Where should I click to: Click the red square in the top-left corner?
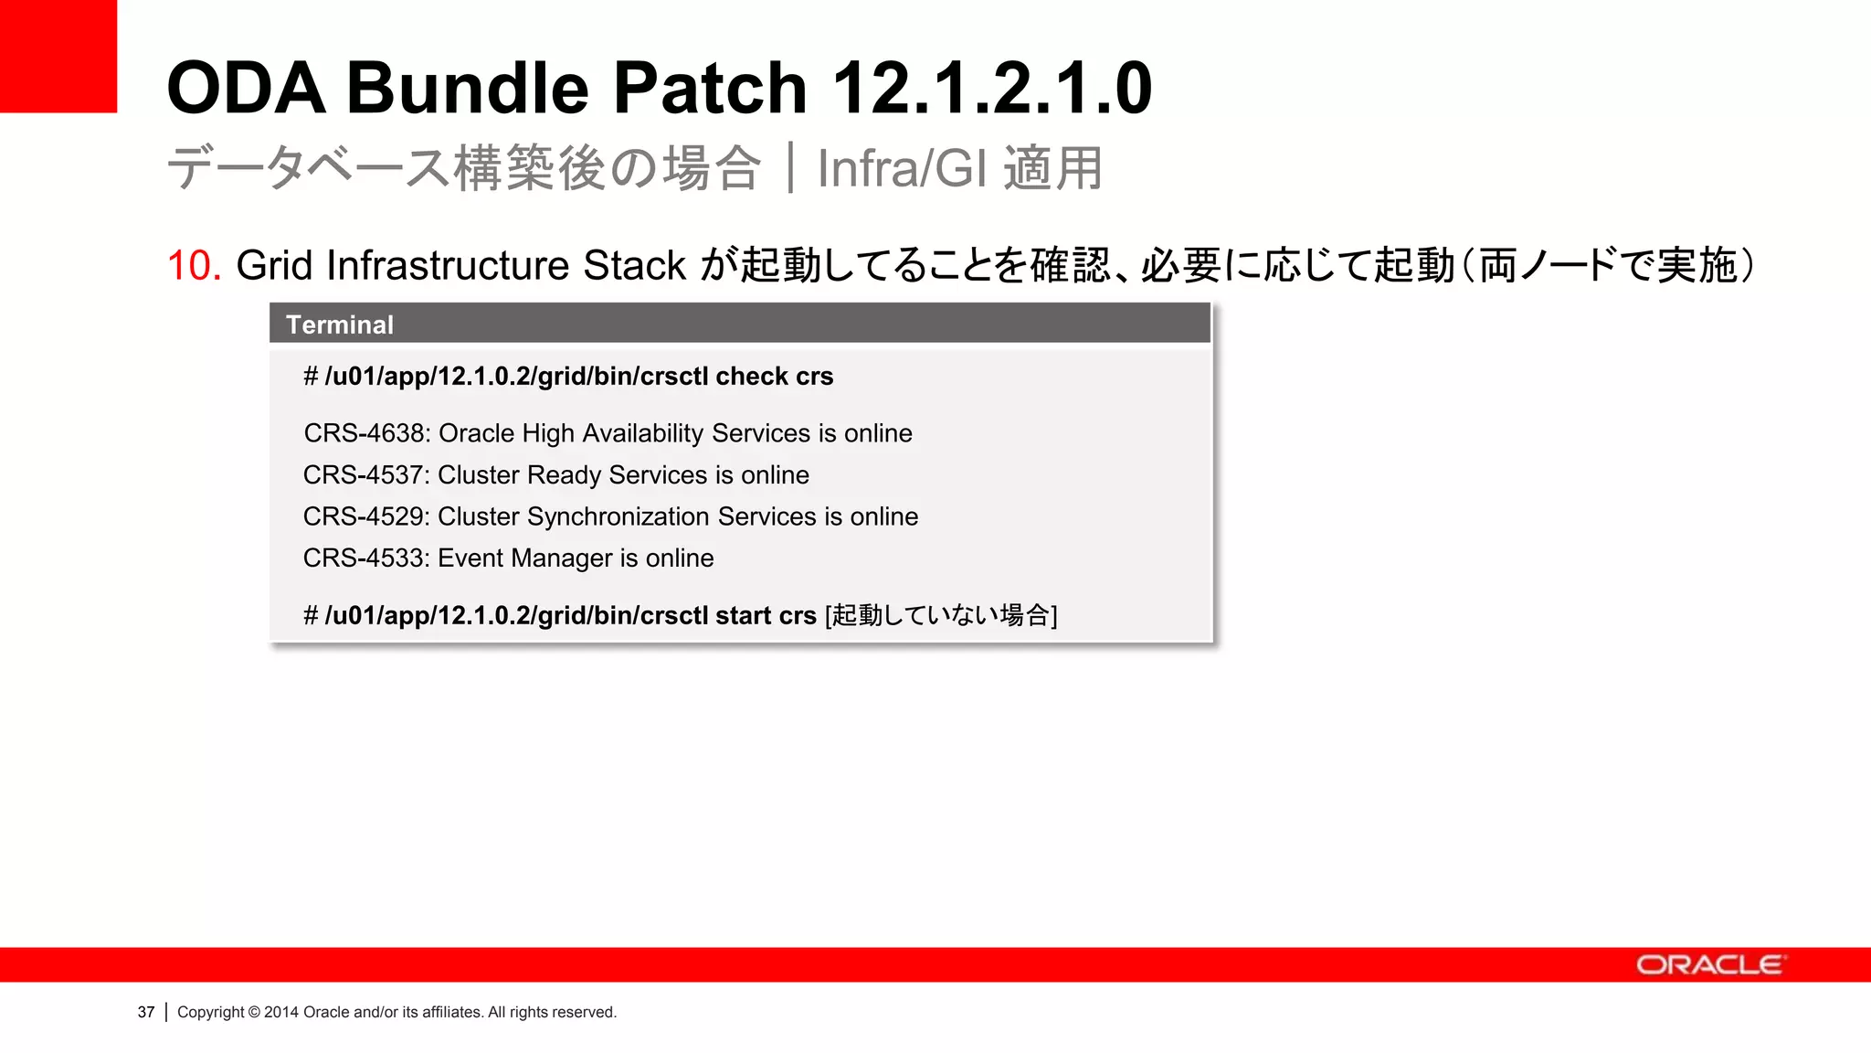click(58, 56)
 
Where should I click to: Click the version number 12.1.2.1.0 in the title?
click(992, 89)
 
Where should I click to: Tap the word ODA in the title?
click(246, 89)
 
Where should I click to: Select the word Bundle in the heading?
click(468, 89)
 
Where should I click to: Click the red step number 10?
click(194, 266)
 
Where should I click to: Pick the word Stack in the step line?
click(634, 266)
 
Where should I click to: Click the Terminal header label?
click(340, 324)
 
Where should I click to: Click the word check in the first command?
click(752, 377)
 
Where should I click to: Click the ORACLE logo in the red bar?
click(1709, 965)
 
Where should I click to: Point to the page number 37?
click(146, 1012)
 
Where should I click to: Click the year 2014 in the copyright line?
click(281, 1012)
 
